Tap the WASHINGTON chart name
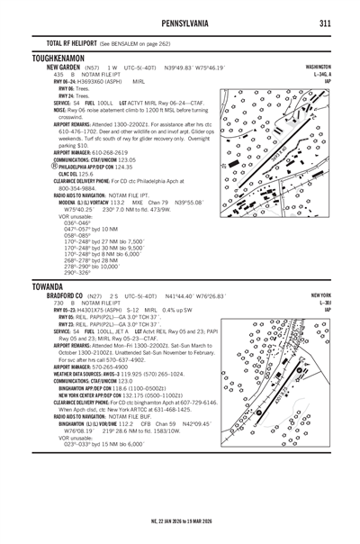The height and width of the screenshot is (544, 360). coord(319,67)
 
